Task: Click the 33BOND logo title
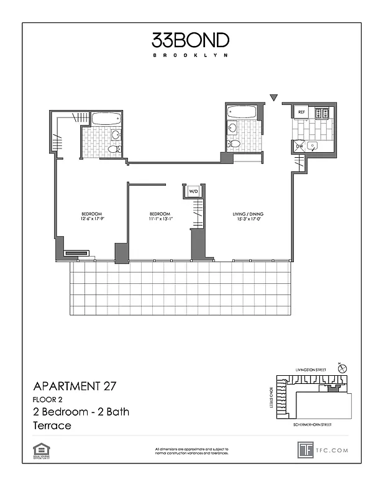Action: tap(191, 40)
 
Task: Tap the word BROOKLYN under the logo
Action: tap(191, 55)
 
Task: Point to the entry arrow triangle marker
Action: tap(273, 97)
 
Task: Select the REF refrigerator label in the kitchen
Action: tap(301, 112)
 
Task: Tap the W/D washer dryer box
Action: tap(193, 191)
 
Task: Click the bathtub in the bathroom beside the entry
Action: tap(242, 112)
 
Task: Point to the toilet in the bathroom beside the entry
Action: tap(234, 144)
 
